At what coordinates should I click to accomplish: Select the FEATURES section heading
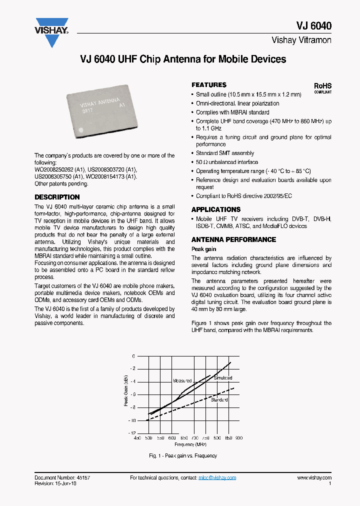coord(209,85)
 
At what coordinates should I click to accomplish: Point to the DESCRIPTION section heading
coord(57,197)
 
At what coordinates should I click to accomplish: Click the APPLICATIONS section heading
coord(216,209)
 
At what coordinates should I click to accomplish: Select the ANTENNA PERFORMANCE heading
coord(233,239)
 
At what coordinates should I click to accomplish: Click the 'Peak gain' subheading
coord(204,249)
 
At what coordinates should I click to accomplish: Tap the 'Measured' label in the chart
coord(182,380)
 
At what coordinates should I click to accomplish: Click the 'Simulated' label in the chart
coord(222,378)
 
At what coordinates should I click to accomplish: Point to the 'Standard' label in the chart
coord(219,400)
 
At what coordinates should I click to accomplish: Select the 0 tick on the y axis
coord(133,356)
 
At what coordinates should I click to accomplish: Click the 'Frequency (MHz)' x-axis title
coord(190,444)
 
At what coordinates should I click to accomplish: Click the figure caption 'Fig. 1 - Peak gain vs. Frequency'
coord(183,455)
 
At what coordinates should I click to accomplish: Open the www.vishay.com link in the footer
coord(314,478)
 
